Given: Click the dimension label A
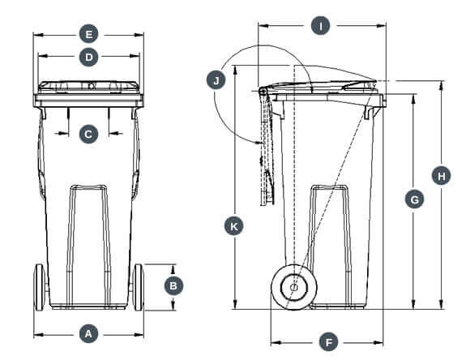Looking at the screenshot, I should (x=89, y=333).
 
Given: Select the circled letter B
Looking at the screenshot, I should (x=173, y=285).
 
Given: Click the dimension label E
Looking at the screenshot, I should (x=89, y=34).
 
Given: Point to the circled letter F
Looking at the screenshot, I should (x=328, y=341).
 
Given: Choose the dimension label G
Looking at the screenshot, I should (x=413, y=199).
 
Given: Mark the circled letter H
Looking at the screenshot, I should (x=441, y=176).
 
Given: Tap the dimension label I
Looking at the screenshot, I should (x=321, y=26).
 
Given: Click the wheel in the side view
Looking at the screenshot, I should (x=293, y=287).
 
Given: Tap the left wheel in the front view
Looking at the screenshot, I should (x=39, y=288).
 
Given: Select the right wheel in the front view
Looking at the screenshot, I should (x=138, y=288).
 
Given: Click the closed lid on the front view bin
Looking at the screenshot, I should (x=89, y=86).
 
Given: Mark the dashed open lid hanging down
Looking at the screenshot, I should (x=266, y=150).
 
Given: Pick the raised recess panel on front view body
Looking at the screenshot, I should (x=89, y=243).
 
